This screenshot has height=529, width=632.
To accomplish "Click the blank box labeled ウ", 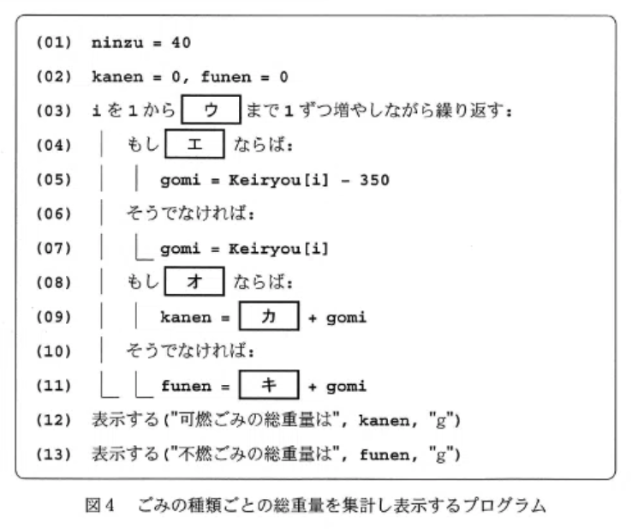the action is [212, 110].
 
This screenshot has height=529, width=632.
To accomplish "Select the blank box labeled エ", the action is [194, 144].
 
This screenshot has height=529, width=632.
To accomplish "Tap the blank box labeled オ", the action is [194, 281].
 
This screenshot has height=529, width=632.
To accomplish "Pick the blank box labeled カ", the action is [269, 316].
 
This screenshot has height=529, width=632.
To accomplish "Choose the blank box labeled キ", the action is [269, 385].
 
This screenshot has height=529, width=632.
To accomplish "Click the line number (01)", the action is [54, 42].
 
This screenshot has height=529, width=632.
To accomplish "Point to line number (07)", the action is [54, 248].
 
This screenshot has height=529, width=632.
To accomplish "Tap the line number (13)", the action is [54, 454].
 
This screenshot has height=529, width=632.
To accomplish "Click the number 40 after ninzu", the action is [181, 42].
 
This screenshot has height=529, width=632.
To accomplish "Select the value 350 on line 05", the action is [374, 180].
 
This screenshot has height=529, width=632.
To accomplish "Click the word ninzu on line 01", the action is [117, 43].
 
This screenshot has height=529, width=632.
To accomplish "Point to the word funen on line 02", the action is [226, 76].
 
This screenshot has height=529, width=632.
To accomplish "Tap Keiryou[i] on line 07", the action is [278, 249].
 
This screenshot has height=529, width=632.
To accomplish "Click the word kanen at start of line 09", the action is [186, 317].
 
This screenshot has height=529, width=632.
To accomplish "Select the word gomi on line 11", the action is [346, 386].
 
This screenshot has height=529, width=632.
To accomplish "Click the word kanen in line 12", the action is [384, 420].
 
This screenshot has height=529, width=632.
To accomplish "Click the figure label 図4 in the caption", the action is [99, 505].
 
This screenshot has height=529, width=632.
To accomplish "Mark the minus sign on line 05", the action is [345, 180].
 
